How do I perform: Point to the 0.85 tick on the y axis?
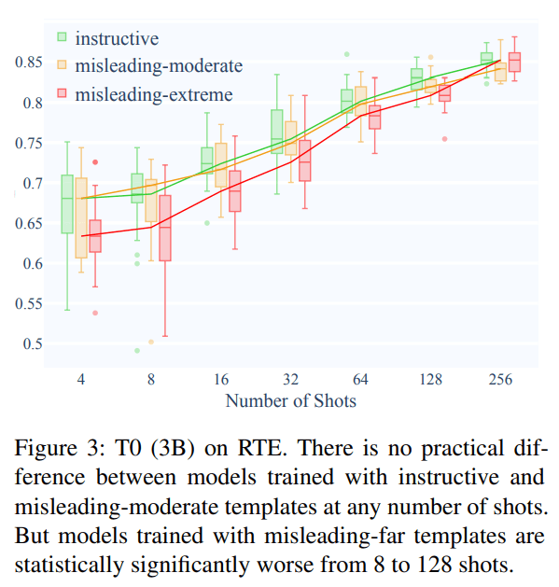[x=29, y=62]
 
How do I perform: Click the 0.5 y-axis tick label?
[x=33, y=343]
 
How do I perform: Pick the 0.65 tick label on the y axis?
[x=29, y=223]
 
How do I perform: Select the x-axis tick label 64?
[x=360, y=379]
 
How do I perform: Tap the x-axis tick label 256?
[x=500, y=379]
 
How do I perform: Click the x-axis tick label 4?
[x=81, y=379]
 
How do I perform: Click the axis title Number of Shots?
[x=291, y=401]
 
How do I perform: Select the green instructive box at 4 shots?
[x=67, y=204]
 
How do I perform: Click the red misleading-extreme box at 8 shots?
[x=165, y=228]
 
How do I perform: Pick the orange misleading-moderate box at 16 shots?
[x=221, y=165]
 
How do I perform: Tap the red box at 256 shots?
[x=514, y=63]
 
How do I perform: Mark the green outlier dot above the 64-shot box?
[x=347, y=54]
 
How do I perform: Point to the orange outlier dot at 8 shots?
[x=151, y=342]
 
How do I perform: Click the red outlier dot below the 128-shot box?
[x=445, y=139]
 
